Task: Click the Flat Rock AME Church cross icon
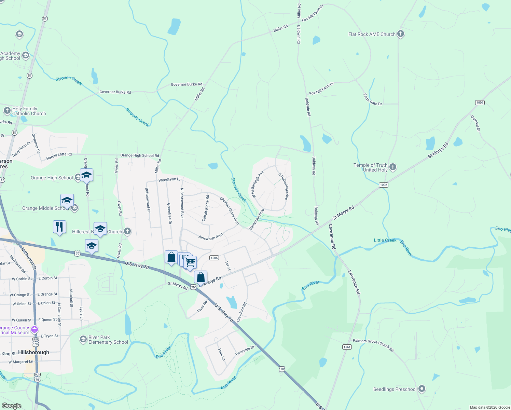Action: click(401, 34)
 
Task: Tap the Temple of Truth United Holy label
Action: click(371, 167)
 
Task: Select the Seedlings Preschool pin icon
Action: click(422, 389)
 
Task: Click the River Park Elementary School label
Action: click(108, 340)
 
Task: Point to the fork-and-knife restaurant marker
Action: click(59, 227)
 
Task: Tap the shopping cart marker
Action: click(190, 262)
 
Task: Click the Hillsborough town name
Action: click(33, 352)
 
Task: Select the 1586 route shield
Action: click(214, 258)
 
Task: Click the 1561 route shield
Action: click(347, 347)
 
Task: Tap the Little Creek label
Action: click(385, 240)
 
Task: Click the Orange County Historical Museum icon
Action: click(34, 330)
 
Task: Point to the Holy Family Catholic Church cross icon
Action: click(7, 111)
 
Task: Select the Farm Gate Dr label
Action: click(373, 99)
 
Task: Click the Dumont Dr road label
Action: click(475, 123)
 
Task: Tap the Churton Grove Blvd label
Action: click(229, 210)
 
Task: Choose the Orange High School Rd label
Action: click(140, 155)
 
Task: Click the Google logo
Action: click(12, 406)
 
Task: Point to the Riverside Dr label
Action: click(245, 351)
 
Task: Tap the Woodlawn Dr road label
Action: click(169, 179)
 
